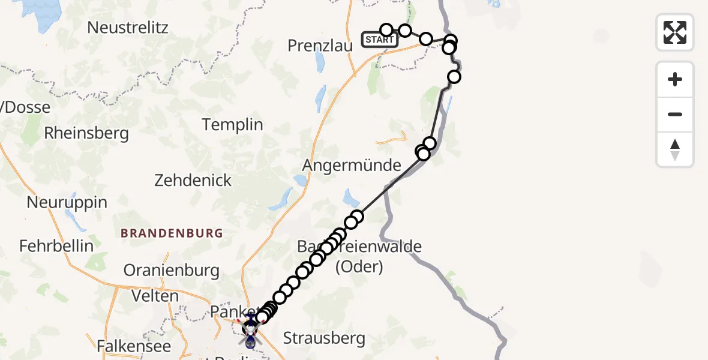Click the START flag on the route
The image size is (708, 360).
pyautogui.click(x=379, y=40)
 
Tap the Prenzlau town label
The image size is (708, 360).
pyautogui.click(x=319, y=46)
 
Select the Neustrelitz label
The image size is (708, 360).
pyautogui.click(x=128, y=28)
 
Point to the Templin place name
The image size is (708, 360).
pyautogui.click(x=233, y=125)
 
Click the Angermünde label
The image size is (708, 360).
pyautogui.click(x=352, y=165)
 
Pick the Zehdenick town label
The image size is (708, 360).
pyautogui.click(x=193, y=180)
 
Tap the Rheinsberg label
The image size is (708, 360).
pyautogui.click(x=86, y=133)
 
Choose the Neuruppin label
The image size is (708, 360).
pyautogui.click(x=67, y=203)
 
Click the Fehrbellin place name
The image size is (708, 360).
pyautogui.click(x=56, y=246)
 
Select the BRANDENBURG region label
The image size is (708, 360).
pyautogui.click(x=172, y=233)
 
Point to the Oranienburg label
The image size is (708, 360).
pyautogui.click(x=172, y=271)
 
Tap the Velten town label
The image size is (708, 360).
pyautogui.click(x=155, y=296)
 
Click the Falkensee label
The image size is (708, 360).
pyautogui.click(x=134, y=346)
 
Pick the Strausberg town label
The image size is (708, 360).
pyautogui.click(x=324, y=338)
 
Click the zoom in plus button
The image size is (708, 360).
pyautogui.click(x=675, y=79)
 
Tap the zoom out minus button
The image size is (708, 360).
pyautogui.click(x=675, y=114)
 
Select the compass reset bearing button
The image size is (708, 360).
pyautogui.click(x=675, y=149)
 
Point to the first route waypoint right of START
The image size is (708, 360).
pyautogui.click(x=386, y=30)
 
